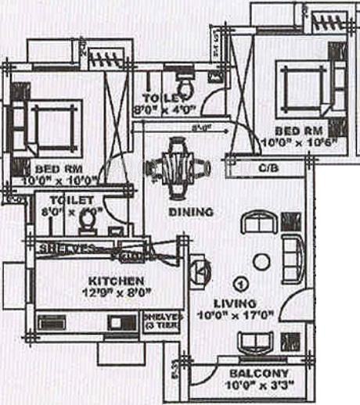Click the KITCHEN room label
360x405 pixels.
115,280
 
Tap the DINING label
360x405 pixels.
191,212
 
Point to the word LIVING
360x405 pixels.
235,303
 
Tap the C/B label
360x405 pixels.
265,168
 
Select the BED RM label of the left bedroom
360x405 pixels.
54,168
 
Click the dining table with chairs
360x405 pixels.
178,166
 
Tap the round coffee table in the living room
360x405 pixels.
261,261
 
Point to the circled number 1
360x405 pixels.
240,282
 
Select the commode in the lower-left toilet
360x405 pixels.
88,224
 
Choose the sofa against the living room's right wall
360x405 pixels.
293,258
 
